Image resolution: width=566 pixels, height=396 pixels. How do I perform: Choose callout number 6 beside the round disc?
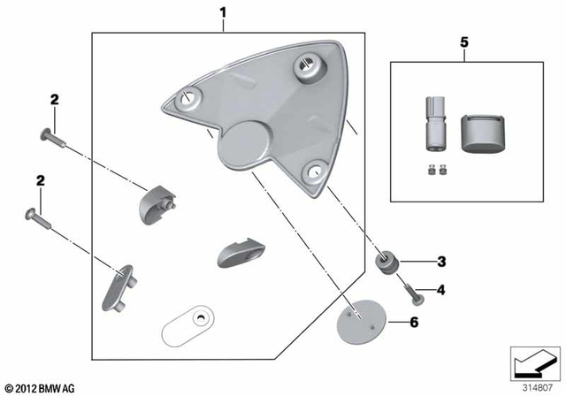412,323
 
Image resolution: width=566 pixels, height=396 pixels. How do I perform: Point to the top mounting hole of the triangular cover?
308,65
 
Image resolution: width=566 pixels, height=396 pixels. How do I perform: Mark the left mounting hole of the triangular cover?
187,99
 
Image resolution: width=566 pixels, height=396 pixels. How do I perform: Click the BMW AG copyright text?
41,388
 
